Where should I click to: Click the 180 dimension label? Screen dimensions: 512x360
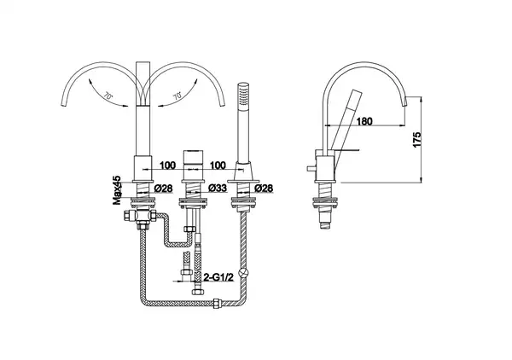pyautogui.click(x=364, y=121)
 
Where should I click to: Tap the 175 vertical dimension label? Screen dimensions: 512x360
pyautogui.click(x=417, y=139)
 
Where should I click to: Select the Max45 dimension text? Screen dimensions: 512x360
pyautogui.click(x=117, y=190)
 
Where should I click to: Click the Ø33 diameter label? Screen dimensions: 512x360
pyautogui.click(x=217, y=189)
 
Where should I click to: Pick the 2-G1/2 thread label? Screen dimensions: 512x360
pyautogui.click(x=218, y=277)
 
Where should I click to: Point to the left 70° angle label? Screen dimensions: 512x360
pyautogui.click(x=108, y=96)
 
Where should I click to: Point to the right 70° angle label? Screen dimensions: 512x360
pyautogui.click(x=177, y=96)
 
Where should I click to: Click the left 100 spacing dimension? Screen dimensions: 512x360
pyautogui.click(x=167, y=165)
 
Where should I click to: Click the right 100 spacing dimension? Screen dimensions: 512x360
pyautogui.click(x=218, y=165)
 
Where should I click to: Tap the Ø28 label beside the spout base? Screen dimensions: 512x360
pyautogui.click(x=163, y=189)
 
